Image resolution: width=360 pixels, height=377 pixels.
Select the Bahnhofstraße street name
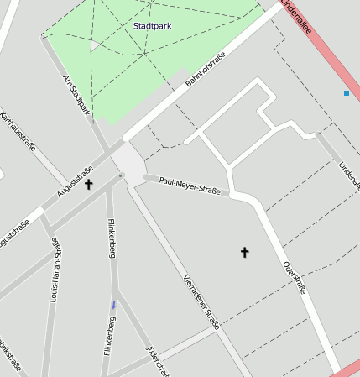(206, 70)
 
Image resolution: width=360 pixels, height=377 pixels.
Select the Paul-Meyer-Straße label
(189, 186)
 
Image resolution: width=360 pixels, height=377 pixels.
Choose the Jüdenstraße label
(158, 362)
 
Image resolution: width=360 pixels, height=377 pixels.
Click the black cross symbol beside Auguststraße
(89, 183)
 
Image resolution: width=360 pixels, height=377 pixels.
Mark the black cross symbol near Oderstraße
(245, 251)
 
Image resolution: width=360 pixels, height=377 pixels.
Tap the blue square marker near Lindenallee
(346, 93)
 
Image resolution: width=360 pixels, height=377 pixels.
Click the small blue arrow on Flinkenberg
(113, 305)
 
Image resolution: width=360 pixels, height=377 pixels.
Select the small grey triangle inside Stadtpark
(94, 46)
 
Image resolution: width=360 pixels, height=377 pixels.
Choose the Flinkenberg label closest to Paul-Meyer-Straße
(111, 238)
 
